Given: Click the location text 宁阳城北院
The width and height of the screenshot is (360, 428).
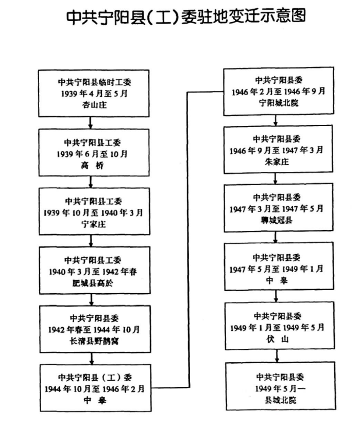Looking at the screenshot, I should click(277, 102).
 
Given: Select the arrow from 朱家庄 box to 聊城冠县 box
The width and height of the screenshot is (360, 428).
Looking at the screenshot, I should click(277, 178).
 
